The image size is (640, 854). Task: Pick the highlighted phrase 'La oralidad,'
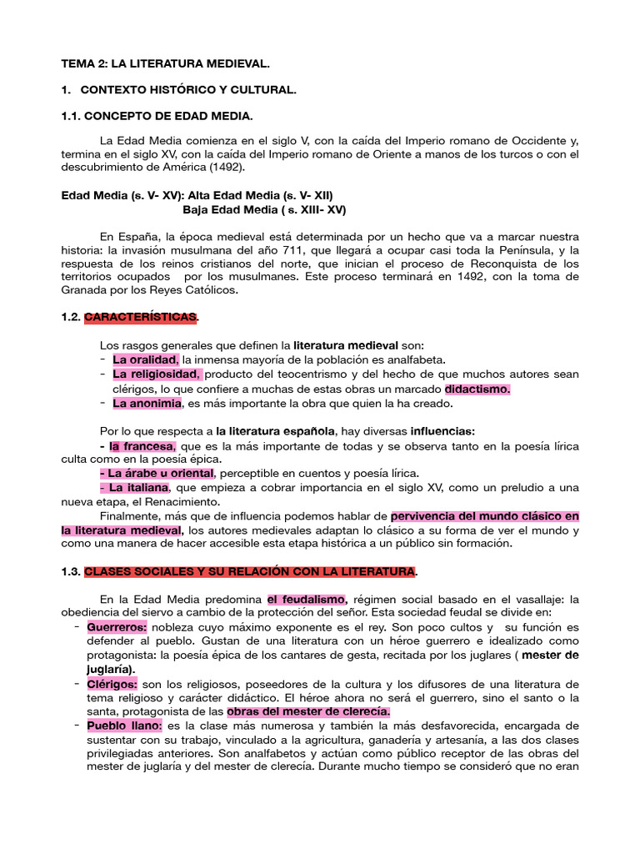pyautogui.click(x=146, y=359)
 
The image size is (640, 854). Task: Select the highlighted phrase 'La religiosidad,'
pyautogui.click(x=157, y=374)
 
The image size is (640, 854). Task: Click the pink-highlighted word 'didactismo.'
pyautogui.click(x=477, y=389)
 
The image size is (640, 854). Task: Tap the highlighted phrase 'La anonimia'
pyautogui.click(x=147, y=404)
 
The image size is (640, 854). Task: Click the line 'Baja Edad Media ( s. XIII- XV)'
pyautogui.click(x=263, y=209)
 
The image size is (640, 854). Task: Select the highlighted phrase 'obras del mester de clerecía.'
pyautogui.click(x=308, y=712)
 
